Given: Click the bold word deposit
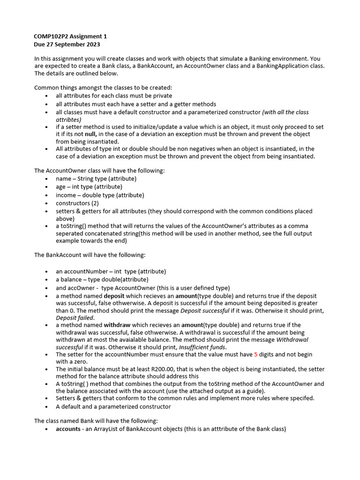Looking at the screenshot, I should coord(114,296).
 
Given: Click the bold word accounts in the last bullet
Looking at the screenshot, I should coord(68,429).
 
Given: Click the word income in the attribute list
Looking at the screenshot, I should coord(65,195).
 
